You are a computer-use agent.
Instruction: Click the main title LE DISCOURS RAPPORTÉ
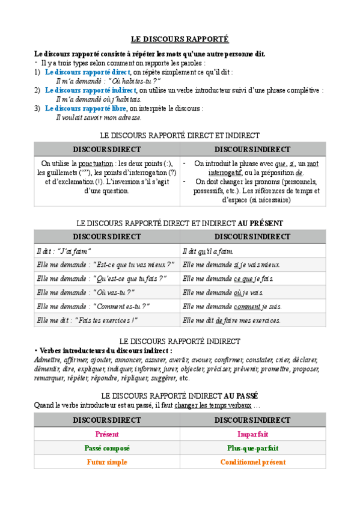[x=180, y=39]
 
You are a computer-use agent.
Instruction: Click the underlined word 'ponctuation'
[x=96, y=163]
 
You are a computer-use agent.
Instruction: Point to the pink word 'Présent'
[x=106, y=434]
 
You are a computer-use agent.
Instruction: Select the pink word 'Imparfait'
[x=252, y=434]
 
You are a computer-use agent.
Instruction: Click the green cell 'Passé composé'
[x=106, y=448]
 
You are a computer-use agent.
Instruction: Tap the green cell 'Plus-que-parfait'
[x=252, y=448]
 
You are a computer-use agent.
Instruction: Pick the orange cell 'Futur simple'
[x=106, y=462]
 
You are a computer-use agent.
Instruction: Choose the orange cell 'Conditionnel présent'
[x=252, y=462]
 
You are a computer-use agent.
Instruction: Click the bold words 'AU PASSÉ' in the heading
[x=241, y=396]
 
